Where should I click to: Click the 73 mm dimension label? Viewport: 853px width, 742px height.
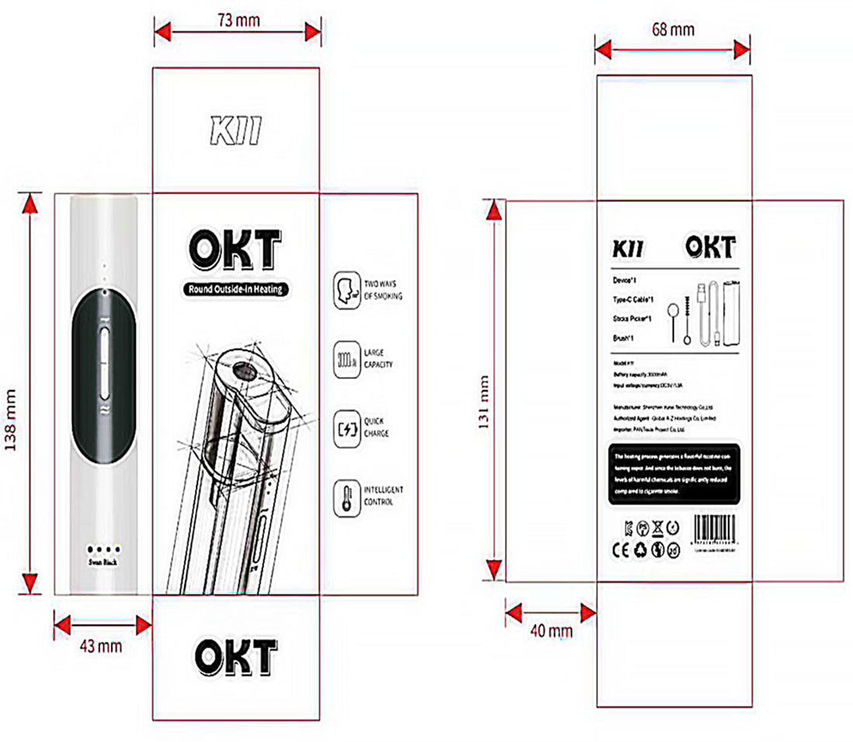tap(238, 19)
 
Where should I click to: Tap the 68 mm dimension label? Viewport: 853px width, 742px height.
tap(672, 30)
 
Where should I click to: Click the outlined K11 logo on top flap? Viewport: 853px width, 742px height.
tap(235, 133)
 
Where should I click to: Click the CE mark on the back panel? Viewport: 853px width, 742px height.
tap(611, 550)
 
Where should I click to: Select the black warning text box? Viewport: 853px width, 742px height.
tap(674, 475)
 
